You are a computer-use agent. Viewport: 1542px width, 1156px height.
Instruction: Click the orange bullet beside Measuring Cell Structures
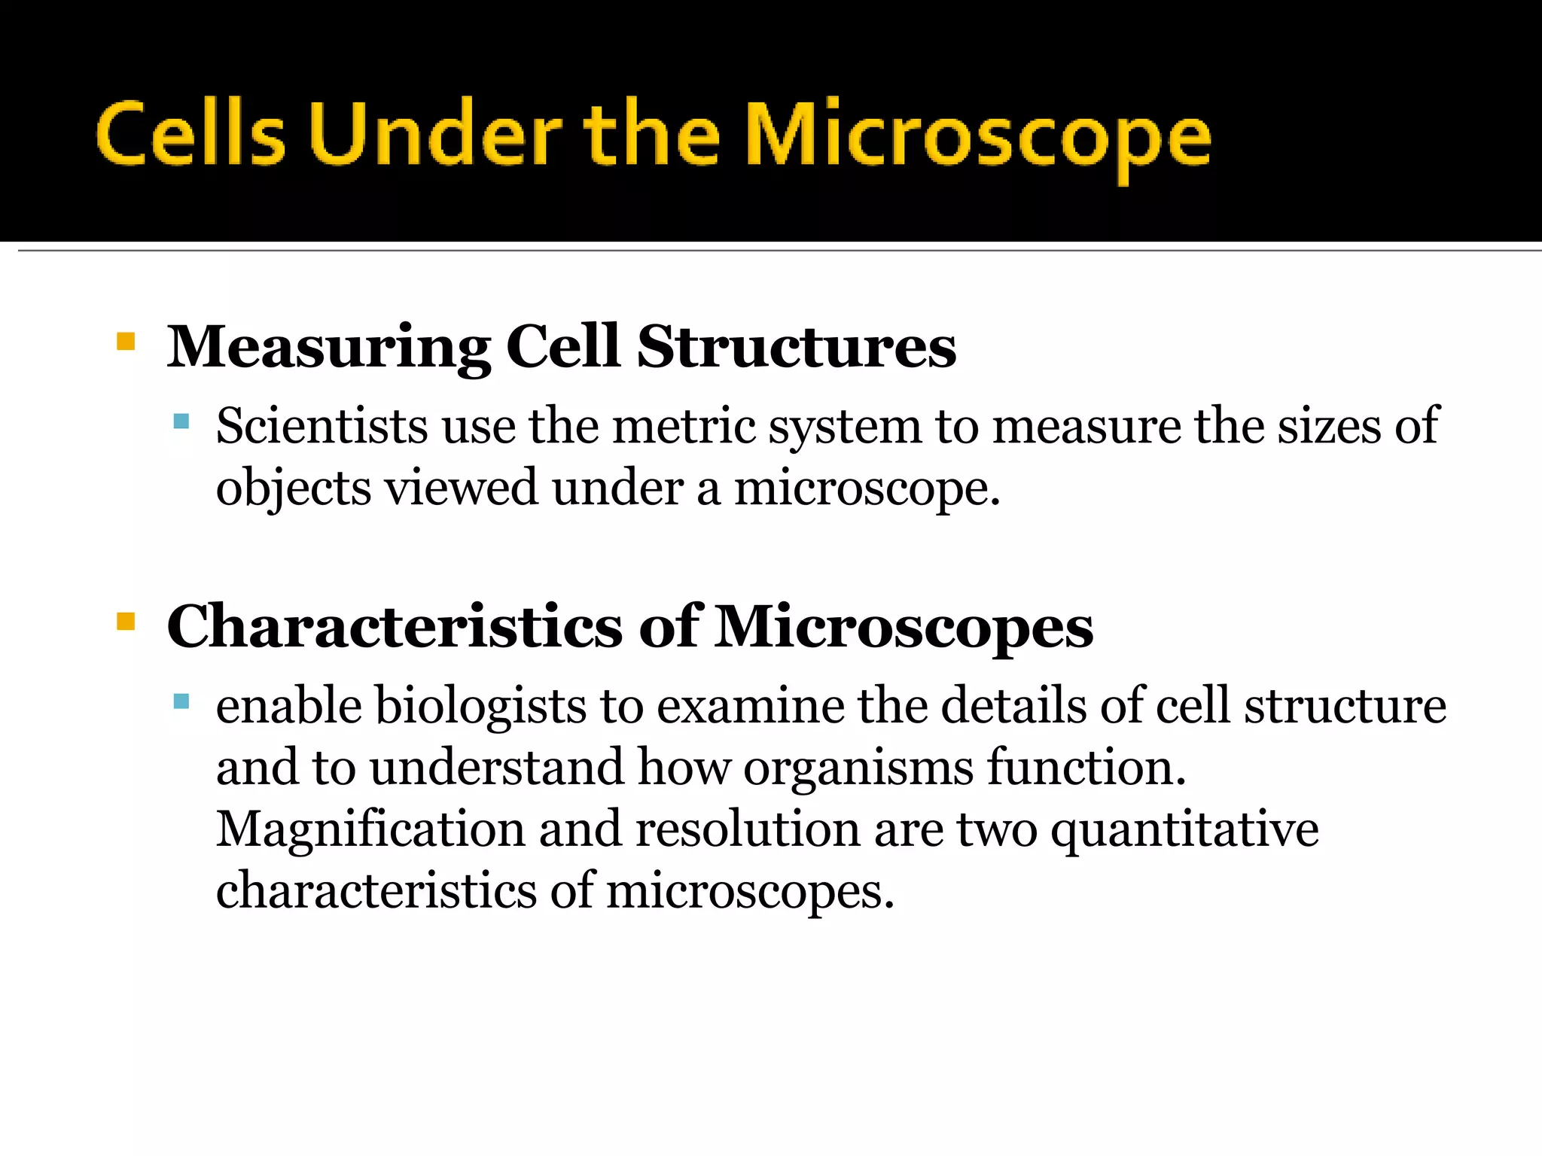(126, 342)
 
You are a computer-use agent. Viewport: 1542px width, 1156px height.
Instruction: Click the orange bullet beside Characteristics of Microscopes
(126, 622)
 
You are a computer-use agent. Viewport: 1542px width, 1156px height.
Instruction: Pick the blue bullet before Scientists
(181, 421)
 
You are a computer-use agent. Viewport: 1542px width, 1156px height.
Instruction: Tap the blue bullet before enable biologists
(181, 701)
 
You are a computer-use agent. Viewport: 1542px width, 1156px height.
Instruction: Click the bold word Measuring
(328, 348)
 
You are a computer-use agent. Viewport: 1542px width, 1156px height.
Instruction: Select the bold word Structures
(796, 348)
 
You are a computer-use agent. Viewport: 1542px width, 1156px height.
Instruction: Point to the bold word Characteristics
(394, 627)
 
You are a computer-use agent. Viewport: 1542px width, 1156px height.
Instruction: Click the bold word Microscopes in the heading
(904, 627)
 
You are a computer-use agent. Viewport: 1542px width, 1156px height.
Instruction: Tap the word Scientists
(322, 426)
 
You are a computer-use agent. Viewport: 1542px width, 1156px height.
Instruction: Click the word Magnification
(370, 829)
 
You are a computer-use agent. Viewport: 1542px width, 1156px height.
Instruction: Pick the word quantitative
(1184, 831)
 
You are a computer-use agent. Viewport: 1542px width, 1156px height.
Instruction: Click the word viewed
(462, 488)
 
